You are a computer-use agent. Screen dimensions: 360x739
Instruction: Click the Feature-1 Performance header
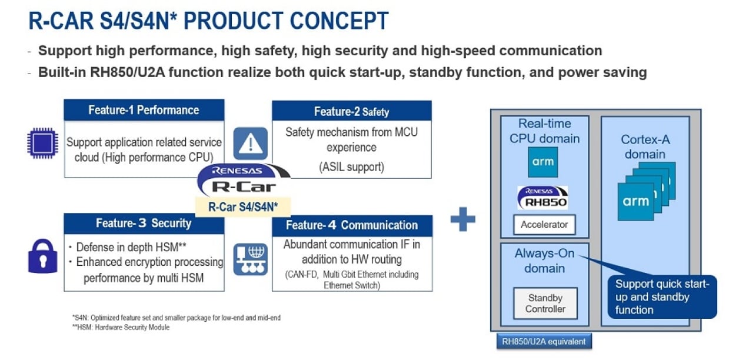point(144,110)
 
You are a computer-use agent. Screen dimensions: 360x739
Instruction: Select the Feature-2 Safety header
point(351,111)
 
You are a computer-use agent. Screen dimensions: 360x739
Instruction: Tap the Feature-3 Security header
point(144,224)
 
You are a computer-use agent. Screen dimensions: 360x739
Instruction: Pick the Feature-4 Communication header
point(352,225)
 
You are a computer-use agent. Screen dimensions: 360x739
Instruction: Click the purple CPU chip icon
point(42,143)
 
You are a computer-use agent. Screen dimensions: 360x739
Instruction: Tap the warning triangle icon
point(251,143)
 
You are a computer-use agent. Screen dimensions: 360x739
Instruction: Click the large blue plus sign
point(462,219)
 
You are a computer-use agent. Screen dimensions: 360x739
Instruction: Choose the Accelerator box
point(544,225)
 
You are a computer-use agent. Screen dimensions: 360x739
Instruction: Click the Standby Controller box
point(545,304)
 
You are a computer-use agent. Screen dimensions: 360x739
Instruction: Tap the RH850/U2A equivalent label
point(544,341)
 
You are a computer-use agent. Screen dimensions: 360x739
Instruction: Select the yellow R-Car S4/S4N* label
point(243,207)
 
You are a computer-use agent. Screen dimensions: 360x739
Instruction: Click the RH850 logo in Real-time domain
point(542,198)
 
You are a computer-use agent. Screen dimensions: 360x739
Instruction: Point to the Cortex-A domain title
point(645,147)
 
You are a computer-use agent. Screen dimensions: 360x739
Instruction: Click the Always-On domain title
point(544,261)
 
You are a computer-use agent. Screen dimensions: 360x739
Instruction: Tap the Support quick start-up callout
point(662,297)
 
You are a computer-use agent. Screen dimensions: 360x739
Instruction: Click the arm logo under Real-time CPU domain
point(542,162)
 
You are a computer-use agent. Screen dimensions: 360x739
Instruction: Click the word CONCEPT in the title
point(332,21)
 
